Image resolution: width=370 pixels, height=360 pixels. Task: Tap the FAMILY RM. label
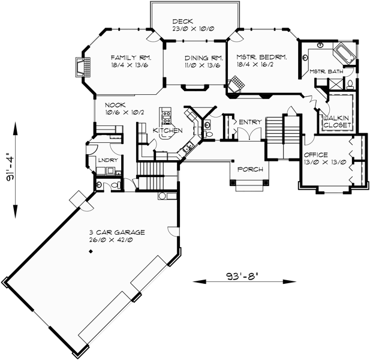(x=131, y=58)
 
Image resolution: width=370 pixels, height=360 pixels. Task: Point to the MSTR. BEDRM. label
(x=262, y=58)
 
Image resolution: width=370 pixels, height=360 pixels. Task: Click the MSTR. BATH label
(x=326, y=71)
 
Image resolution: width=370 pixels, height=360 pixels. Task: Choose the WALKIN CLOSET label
(x=337, y=122)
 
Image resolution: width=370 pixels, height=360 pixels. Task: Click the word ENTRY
(x=250, y=122)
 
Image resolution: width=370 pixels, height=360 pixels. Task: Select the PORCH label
(x=250, y=169)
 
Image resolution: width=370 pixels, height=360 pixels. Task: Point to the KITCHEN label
(x=168, y=130)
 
